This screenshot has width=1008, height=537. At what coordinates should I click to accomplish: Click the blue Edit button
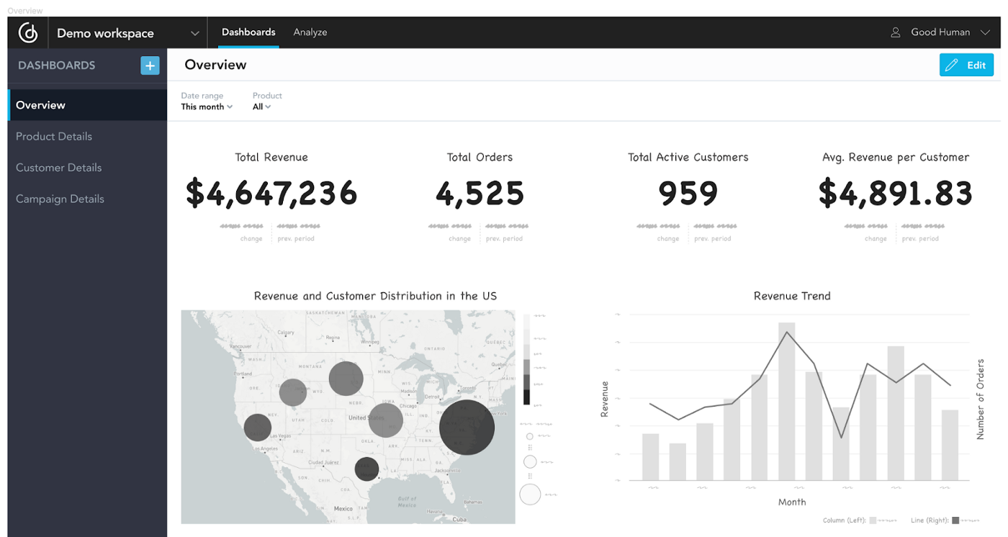(966, 66)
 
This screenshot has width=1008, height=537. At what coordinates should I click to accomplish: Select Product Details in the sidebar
(54, 136)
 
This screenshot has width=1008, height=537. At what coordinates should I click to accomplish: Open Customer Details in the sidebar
(59, 168)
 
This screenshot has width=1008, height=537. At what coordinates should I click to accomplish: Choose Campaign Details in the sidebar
(60, 199)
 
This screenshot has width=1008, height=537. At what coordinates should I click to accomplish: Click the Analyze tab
(310, 32)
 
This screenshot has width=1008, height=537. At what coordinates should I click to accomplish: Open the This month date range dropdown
(207, 107)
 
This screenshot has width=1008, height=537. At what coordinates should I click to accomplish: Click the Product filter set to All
(261, 107)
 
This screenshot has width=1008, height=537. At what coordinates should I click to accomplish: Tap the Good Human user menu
(940, 32)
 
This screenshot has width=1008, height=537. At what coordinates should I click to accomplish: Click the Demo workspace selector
(127, 33)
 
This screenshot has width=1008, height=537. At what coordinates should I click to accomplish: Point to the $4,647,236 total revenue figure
(271, 193)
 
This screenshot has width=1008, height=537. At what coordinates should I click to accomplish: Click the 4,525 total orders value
(480, 193)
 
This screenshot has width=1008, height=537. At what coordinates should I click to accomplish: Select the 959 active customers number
(688, 193)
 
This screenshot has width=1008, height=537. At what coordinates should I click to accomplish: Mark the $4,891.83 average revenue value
(896, 193)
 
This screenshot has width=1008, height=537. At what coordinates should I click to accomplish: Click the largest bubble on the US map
(467, 428)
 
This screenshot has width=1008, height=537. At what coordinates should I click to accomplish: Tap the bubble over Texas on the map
(366, 469)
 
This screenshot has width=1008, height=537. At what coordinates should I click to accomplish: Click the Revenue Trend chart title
(792, 296)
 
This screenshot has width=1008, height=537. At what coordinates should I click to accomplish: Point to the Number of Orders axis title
(980, 400)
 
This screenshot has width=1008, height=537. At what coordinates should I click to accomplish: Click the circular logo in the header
(28, 33)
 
